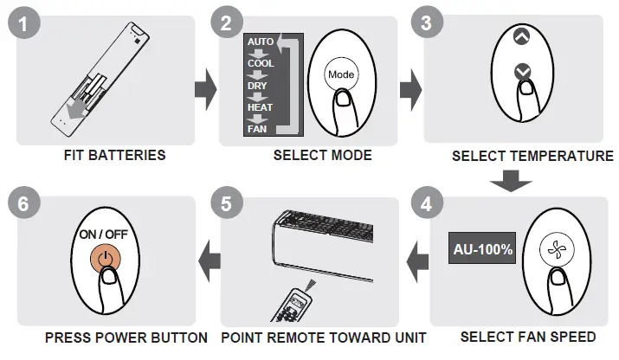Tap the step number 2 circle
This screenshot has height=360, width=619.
coord(227,24)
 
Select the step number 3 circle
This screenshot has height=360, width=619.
coord(426,24)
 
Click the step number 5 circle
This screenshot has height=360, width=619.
coord(227,205)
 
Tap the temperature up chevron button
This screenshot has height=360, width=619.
coord(519,38)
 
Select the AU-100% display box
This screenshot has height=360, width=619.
coord(484,249)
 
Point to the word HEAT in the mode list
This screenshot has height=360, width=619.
coord(260,107)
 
